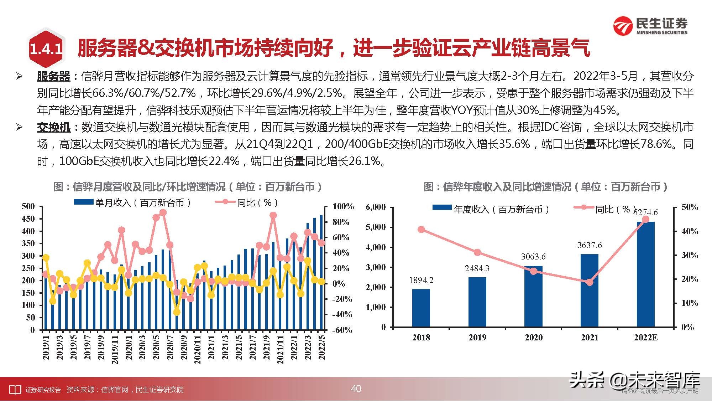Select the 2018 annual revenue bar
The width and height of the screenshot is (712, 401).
click(421, 308)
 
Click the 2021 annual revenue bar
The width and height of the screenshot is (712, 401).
click(590, 291)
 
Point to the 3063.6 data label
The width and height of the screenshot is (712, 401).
click(533, 257)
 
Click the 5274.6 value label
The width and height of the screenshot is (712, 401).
click(645, 212)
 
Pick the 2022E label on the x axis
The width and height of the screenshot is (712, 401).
click(646, 338)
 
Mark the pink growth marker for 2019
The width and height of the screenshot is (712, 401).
click(477, 252)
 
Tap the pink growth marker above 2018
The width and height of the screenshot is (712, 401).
click(421, 229)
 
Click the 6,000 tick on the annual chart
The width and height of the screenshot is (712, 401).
click(376, 207)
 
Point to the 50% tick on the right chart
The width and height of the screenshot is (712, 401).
click(690, 207)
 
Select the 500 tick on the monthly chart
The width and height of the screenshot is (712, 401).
click(28, 206)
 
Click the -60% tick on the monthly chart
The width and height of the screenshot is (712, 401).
click(342, 330)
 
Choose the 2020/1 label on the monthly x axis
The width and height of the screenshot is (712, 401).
click(129, 348)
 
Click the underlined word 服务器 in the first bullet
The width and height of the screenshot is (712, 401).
click(53, 76)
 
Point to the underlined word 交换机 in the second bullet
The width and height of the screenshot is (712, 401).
click(53, 127)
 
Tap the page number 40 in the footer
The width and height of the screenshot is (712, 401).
click(356, 389)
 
